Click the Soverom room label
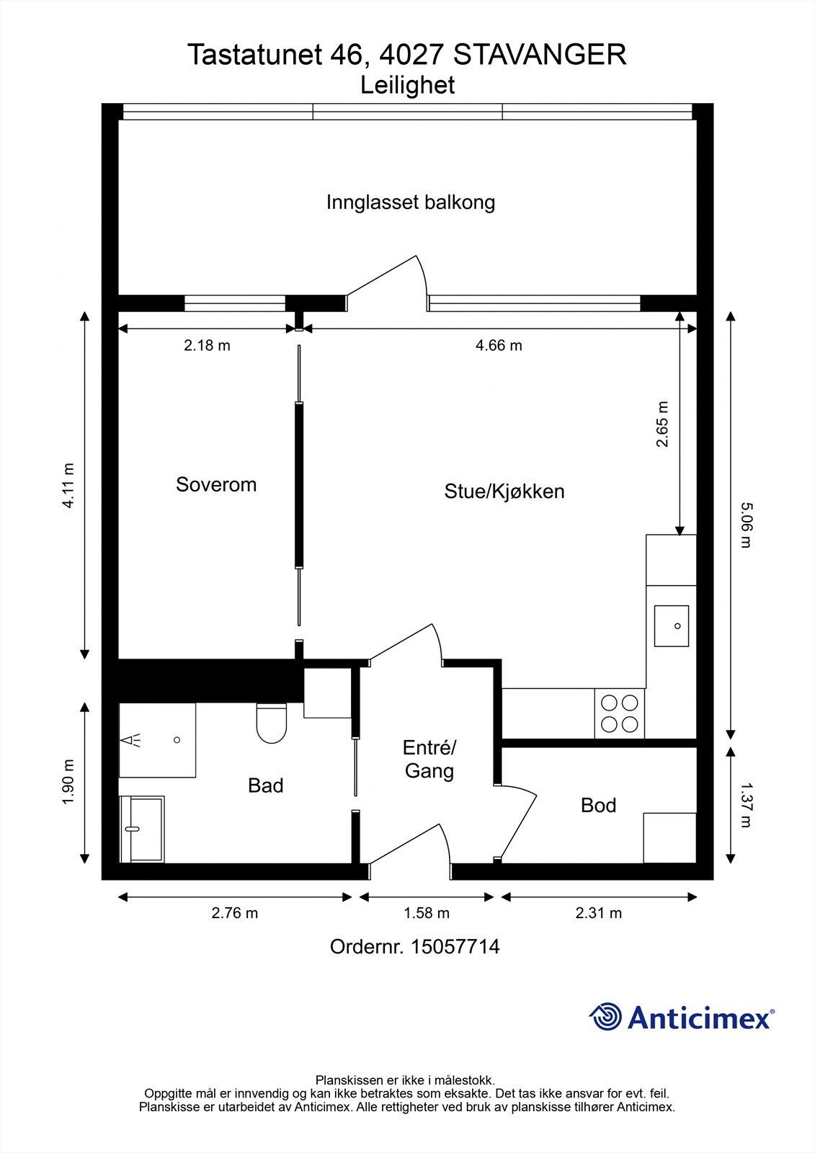216,484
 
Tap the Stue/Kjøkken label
504,491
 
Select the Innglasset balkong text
410,202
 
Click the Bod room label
598,805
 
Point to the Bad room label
265,785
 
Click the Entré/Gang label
429,760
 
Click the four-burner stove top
619,713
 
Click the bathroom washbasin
142,829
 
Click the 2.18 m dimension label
207,346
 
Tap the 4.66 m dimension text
499,346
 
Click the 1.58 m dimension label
426,914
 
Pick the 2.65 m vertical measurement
662,424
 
